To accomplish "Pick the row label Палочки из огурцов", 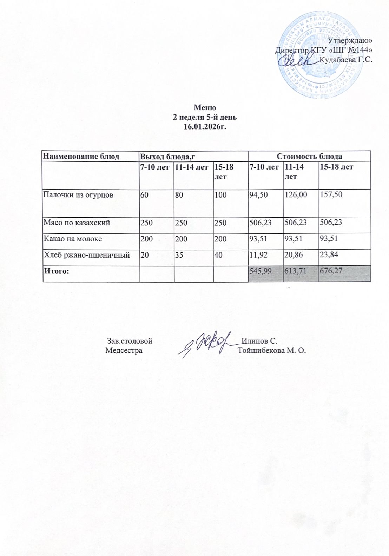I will [x=78, y=195].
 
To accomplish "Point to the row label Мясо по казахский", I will [x=77, y=222].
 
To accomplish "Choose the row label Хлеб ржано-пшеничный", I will [x=86, y=255].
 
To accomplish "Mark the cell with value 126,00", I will [x=295, y=195].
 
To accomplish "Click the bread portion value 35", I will [x=179, y=255].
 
